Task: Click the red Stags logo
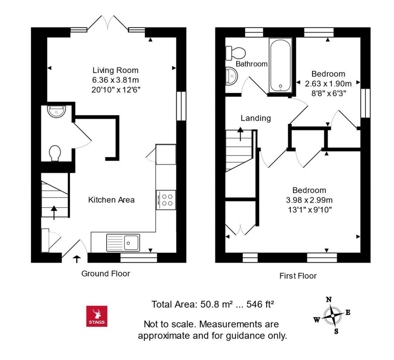[97, 316]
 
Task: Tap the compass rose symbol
[332, 315]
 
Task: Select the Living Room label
[115, 70]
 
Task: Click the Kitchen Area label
[111, 200]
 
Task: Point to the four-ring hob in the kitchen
[166, 200]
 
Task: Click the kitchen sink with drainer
[123, 243]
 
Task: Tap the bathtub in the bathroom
[280, 65]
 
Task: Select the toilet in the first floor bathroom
[235, 53]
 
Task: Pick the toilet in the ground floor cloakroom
[55, 153]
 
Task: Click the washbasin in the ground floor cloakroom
[57, 111]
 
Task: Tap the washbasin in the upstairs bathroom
[231, 76]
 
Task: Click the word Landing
[255, 118]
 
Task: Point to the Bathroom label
[252, 64]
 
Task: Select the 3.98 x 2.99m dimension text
[309, 200]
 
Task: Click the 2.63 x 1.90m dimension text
[328, 83]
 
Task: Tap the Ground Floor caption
[106, 273]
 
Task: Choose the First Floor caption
[298, 276]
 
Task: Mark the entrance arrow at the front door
[77, 259]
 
